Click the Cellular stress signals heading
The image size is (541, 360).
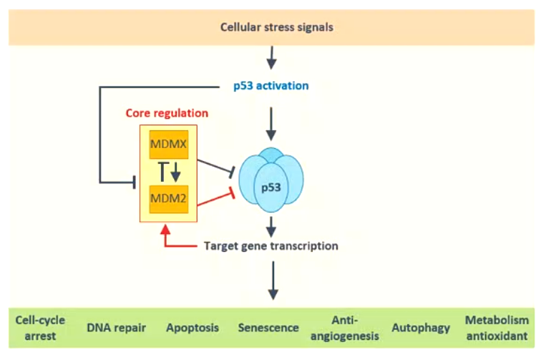(x=270, y=29)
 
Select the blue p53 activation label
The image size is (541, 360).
(x=271, y=86)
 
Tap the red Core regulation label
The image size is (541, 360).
(x=167, y=113)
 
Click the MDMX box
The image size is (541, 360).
(x=168, y=145)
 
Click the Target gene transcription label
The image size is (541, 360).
(x=270, y=245)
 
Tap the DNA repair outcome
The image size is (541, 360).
(x=117, y=328)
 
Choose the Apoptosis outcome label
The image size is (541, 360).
(x=192, y=328)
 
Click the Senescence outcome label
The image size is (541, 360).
(x=268, y=328)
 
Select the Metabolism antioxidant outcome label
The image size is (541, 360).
(x=497, y=328)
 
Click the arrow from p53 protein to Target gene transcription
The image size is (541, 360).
(x=270, y=227)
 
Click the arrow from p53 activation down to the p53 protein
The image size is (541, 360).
(x=270, y=123)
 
